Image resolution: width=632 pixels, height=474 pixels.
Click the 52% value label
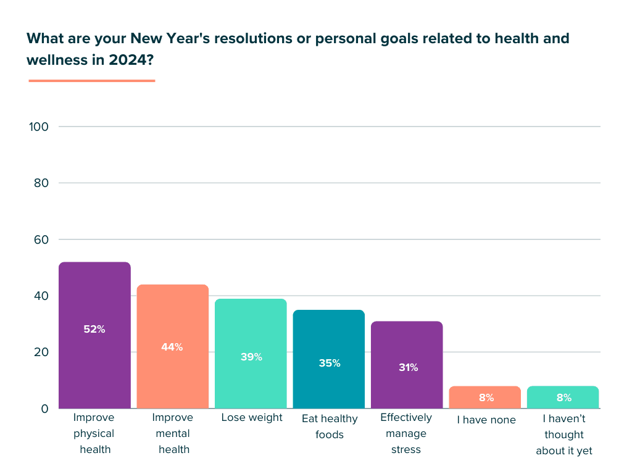coord(94,330)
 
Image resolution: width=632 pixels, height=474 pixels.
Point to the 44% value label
coord(172,347)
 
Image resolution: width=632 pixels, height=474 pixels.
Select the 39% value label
coord(251,357)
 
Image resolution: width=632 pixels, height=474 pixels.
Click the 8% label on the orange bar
coord(486,397)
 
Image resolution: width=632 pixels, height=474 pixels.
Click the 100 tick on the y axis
coord(38,127)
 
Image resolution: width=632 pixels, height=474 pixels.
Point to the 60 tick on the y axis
coord(40,239)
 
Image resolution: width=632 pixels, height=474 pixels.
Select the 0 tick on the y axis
coord(44,409)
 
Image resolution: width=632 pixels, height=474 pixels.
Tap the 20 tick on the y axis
coord(40,352)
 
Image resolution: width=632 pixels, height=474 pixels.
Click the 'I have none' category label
coord(486,420)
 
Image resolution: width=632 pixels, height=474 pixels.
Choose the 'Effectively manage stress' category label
coord(406,433)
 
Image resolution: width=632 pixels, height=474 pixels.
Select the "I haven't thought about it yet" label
coord(563,434)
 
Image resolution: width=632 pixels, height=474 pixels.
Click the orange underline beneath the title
coord(91,80)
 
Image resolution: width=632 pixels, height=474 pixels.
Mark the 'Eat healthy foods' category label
coord(330,426)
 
